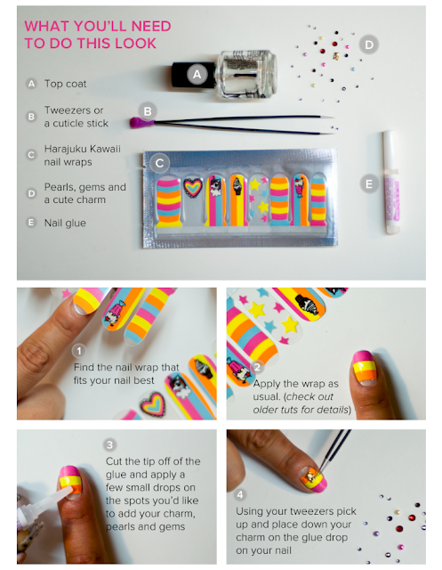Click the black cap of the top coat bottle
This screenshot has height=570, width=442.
[x=193, y=75]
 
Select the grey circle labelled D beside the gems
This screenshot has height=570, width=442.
[x=369, y=45]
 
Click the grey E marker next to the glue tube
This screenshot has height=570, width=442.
[x=369, y=184]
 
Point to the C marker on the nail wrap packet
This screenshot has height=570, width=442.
[x=159, y=163]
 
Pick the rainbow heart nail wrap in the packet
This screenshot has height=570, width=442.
[x=192, y=188]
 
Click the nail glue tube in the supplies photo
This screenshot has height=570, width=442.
[x=390, y=182]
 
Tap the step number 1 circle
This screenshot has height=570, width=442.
[x=79, y=351]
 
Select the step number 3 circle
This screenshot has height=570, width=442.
[x=109, y=444]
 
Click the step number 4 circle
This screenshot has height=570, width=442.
[x=240, y=494]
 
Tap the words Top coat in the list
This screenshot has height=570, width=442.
[x=65, y=84]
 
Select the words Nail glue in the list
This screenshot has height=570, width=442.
[x=65, y=223]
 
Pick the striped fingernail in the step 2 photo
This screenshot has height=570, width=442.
[x=364, y=367]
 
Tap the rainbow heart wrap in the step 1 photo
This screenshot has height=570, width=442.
[x=153, y=403]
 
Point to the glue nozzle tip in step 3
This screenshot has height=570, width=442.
[x=70, y=488]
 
